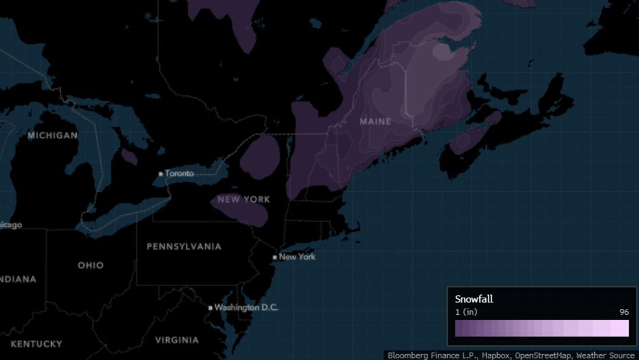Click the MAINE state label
coord(375,121)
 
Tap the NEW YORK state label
coord(244,200)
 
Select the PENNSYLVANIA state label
coord(184,247)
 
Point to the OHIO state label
coord(91,265)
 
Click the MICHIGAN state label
coord(53,136)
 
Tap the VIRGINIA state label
coord(177,340)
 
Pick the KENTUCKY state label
coord(36,344)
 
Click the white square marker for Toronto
coord(161,174)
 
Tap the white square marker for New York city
coord(275,257)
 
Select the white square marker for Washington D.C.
coord(210,308)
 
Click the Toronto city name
coord(179,174)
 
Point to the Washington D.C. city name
coord(246,308)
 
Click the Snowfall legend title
coord(474,299)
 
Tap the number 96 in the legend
coord(624,312)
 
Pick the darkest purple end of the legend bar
coord(459,328)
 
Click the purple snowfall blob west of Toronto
coord(129,157)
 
